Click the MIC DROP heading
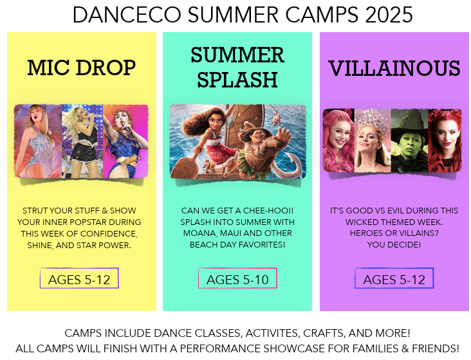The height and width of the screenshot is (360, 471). (82, 67)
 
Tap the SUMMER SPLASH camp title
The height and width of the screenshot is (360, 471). (237, 67)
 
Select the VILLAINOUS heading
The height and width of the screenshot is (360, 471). (394, 68)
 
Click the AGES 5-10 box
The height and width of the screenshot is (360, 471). (237, 278)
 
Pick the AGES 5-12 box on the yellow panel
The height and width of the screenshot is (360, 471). (79, 278)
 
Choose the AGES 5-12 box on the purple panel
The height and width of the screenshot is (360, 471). (394, 278)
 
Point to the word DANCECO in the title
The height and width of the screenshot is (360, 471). (127, 15)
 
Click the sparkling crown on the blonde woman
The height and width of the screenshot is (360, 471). (373, 120)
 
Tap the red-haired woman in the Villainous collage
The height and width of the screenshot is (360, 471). (445, 140)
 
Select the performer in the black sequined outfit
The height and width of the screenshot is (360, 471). (82, 141)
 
